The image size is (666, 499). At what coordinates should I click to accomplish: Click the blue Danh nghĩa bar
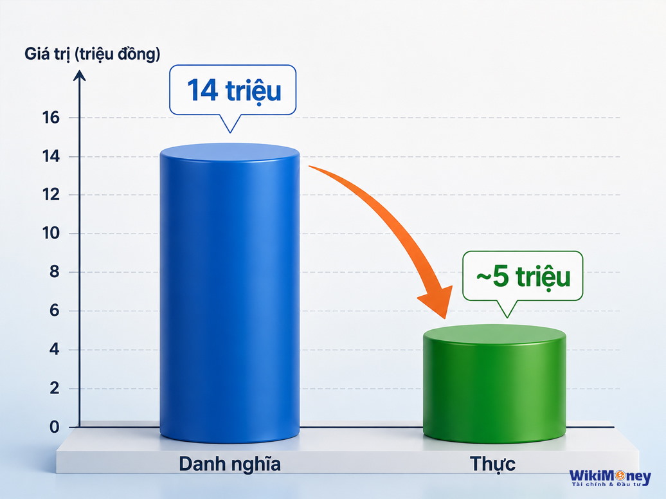[x=230, y=293]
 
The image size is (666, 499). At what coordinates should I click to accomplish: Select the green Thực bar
[x=495, y=384]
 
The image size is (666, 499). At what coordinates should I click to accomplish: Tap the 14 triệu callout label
[x=233, y=90]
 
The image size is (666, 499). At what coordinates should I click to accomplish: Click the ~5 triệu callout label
[x=523, y=277]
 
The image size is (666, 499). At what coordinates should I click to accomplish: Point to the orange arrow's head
[x=438, y=301]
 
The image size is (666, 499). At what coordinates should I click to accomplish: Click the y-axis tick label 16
[x=51, y=118]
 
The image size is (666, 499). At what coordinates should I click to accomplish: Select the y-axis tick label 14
[x=51, y=156]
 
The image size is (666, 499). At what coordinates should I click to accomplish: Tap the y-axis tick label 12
[x=51, y=195]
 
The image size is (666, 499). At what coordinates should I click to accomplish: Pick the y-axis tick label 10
[x=51, y=233]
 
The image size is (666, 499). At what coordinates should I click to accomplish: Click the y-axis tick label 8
[x=55, y=272]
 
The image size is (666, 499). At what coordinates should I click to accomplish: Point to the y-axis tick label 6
[x=55, y=311]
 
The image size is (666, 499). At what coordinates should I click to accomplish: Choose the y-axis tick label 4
[x=55, y=349]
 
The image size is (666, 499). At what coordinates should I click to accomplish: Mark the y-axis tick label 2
[x=55, y=388]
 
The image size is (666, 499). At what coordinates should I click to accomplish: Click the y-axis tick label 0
[x=55, y=427]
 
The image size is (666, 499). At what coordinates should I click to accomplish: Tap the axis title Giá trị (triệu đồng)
[x=92, y=55]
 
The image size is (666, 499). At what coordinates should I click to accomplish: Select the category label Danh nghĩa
[x=230, y=464]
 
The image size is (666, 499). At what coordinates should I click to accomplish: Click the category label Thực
[x=492, y=464]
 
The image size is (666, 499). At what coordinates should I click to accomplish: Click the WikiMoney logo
[x=610, y=477]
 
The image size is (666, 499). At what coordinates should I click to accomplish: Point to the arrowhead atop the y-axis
[x=80, y=75]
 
